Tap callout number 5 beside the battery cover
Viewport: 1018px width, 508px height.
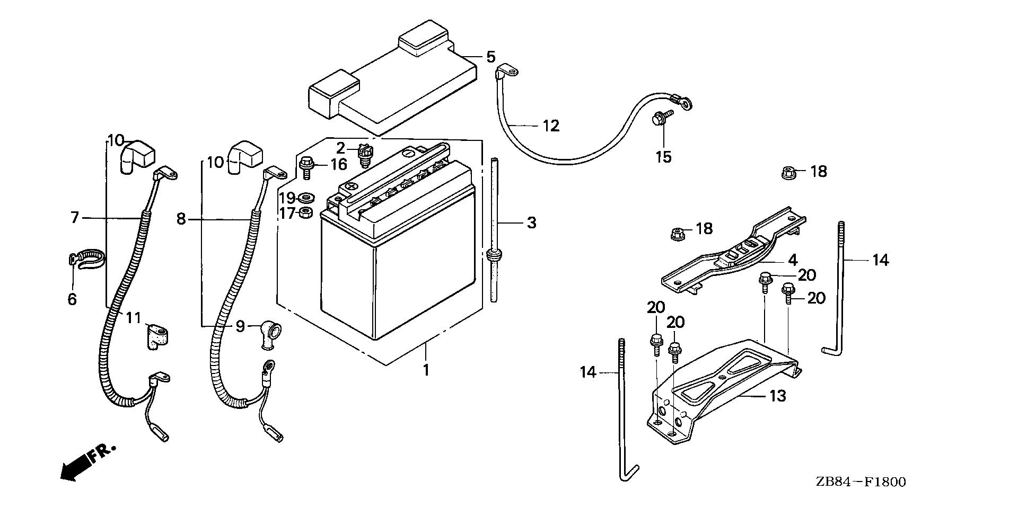[x=490, y=57]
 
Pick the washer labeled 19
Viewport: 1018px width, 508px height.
[x=306, y=199]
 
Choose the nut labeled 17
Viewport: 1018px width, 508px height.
[x=306, y=213]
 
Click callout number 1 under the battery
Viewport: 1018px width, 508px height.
[x=426, y=370]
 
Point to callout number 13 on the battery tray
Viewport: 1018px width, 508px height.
[x=777, y=396]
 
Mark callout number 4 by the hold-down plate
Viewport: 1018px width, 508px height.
[x=792, y=260]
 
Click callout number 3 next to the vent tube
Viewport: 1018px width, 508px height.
[x=531, y=223]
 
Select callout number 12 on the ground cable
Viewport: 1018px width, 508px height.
[x=551, y=126]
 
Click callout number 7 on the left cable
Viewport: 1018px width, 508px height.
[x=75, y=218]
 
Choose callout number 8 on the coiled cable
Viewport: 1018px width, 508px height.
[x=181, y=218]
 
